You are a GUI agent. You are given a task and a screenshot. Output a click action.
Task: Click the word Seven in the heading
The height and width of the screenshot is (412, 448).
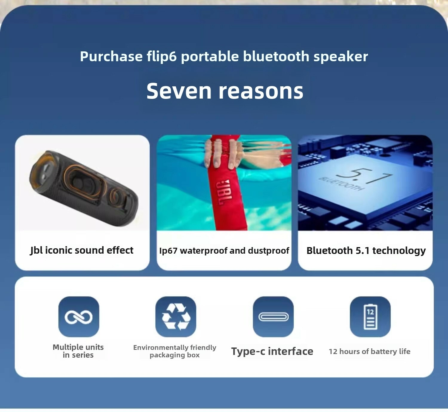(179, 91)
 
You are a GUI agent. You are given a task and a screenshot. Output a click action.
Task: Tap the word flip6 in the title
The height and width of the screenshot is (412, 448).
(162, 56)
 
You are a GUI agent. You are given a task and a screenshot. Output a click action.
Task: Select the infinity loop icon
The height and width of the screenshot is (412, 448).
(79, 317)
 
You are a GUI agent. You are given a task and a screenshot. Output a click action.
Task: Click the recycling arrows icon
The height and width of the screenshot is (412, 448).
(176, 317)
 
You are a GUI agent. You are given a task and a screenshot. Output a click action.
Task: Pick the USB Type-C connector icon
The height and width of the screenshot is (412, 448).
(273, 317)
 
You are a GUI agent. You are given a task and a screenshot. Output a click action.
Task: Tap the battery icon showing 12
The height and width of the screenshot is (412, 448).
(370, 317)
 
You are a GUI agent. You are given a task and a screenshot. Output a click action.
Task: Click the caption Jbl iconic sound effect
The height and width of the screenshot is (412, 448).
(82, 250)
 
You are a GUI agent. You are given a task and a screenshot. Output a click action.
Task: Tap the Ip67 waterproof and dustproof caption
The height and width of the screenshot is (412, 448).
(224, 251)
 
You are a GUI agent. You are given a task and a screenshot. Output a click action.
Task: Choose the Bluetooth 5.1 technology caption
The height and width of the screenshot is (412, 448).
(366, 251)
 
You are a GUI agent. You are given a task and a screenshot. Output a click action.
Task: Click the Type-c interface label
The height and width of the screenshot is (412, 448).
(272, 351)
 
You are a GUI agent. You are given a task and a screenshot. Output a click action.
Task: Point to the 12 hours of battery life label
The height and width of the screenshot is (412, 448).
(370, 351)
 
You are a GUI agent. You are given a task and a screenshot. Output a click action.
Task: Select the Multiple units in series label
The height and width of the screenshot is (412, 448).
(78, 351)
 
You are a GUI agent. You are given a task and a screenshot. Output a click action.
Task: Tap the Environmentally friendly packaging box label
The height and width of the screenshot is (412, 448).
(175, 351)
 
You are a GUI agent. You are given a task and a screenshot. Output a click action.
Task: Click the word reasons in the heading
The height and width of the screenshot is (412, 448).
(261, 91)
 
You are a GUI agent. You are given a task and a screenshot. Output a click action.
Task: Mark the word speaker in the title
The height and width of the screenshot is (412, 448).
(340, 56)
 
